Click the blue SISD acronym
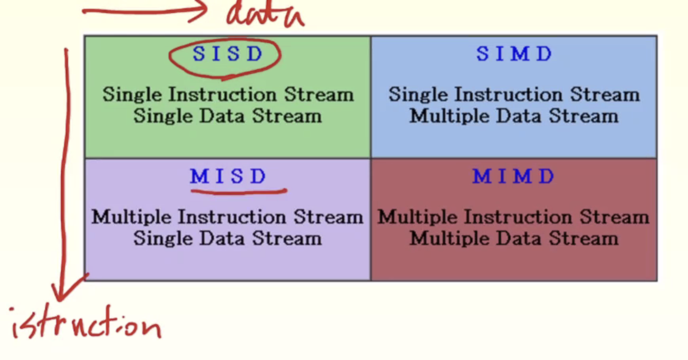pos(227,54)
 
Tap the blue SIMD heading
pos(514,54)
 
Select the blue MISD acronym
pos(228,177)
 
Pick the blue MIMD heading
pos(513,177)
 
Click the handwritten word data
pos(265,14)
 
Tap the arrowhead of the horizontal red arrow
pos(199,11)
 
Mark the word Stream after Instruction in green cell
pos(319,95)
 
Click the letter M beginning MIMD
pos(481,177)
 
